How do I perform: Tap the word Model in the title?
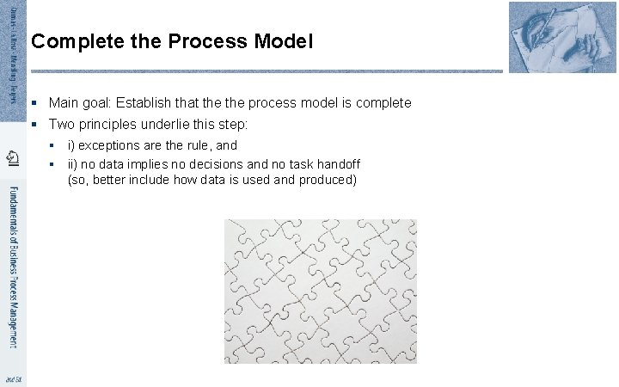click(x=284, y=40)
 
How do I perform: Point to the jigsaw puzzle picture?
click(x=321, y=291)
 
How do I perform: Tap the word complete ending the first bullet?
click(x=382, y=103)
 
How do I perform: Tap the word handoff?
click(x=335, y=163)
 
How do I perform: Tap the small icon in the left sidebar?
click(x=13, y=156)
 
